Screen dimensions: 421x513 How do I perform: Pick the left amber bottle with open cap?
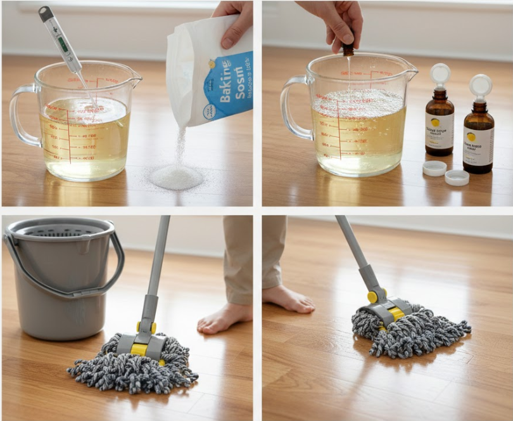(x=439, y=123)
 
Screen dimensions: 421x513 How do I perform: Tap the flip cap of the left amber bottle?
(x=440, y=75)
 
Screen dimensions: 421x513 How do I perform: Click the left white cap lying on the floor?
(x=434, y=168)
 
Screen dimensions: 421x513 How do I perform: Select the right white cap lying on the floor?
(x=457, y=178)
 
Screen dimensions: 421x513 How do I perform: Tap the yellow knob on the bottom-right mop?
(x=372, y=296)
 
